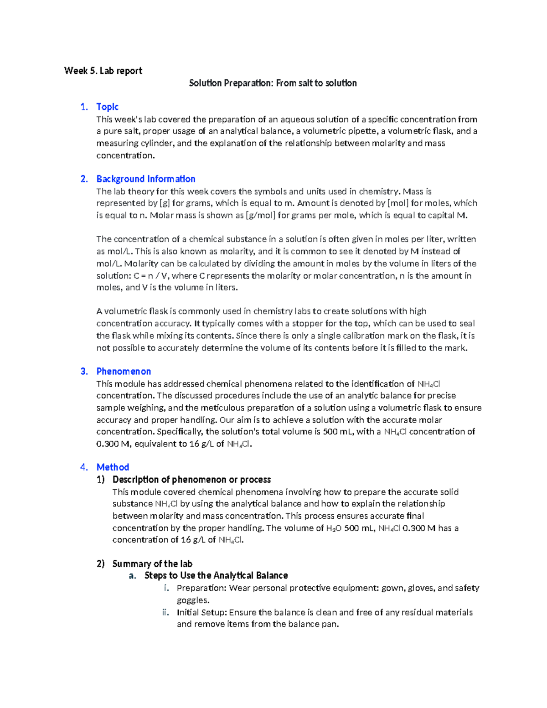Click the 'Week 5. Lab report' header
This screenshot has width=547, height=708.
[x=103, y=71]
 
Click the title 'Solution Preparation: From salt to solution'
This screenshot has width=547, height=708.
[x=273, y=83]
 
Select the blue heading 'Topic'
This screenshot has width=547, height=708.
[x=107, y=107]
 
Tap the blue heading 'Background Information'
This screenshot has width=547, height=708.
[x=145, y=179]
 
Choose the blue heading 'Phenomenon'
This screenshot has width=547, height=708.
[x=124, y=371]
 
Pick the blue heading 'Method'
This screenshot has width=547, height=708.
[x=113, y=467]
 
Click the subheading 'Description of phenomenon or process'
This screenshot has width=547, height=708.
[x=191, y=479]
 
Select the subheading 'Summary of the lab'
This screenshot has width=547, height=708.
[x=152, y=563]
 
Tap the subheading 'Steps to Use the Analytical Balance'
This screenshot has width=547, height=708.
[x=216, y=575]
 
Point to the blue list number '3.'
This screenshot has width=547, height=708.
[x=84, y=371]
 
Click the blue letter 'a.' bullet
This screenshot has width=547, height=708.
[x=132, y=575]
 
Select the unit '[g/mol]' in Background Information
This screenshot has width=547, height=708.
[x=260, y=215]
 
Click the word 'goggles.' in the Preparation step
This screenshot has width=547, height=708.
[x=193, y=600]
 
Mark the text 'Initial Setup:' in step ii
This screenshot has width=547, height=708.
[x=201, y=612]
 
